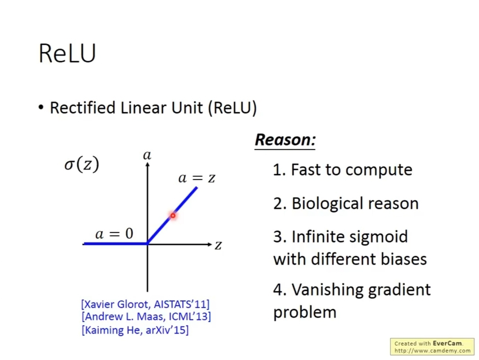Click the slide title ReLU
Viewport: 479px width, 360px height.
(67, 53)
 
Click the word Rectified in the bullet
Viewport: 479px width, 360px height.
(83, 108)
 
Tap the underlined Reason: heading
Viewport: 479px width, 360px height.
(285, 140)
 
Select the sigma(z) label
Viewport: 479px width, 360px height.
(82, 164)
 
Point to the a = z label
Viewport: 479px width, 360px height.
(197, 178)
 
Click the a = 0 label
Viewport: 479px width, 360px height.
(114, 234)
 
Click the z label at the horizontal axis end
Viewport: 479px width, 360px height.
(218, 245)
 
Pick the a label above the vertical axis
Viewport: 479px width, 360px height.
(147, 155)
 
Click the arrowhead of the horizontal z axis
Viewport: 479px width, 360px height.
(210, 244)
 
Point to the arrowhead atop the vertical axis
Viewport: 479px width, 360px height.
(148, 165)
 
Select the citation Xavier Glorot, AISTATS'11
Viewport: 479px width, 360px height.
(145, 304)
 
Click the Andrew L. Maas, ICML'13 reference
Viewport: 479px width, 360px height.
(146, 316)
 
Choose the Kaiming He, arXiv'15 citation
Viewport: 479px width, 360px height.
(135, 330)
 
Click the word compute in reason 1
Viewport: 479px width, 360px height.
(379, 170)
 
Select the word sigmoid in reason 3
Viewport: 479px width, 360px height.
(379, 237)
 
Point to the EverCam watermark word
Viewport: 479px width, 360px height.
(447, 343)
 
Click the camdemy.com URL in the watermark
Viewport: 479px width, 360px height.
(432, 350)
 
